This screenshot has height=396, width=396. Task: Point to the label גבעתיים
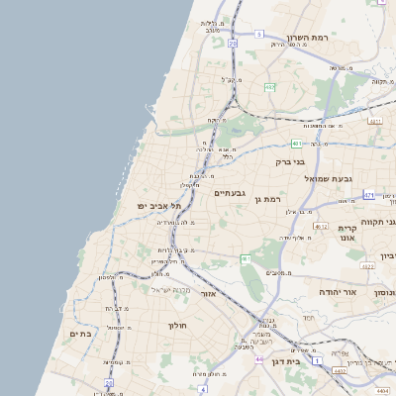(x=230, y=193)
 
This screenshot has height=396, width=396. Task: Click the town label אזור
(x=207, y=294)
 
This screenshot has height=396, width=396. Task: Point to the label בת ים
(x=81, y=335)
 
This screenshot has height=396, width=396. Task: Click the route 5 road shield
(x=259, y=34)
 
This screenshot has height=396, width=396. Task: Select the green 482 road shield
(x=269, y=87)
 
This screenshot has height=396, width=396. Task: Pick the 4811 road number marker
(x=374, y=120)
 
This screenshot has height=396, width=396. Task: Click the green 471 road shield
(x=368, y=195)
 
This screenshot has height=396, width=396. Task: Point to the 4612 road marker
(x=320, y=226)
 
